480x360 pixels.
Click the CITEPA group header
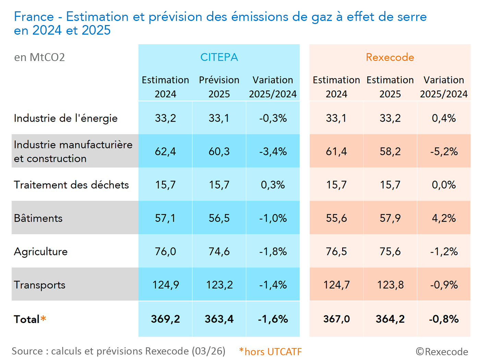[219, 57]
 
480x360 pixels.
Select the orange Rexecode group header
[390, 57]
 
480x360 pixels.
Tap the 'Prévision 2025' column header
[219, 87]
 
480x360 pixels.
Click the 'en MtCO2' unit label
[39, 57]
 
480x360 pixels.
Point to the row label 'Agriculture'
[41, 252]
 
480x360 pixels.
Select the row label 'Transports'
[39, 285]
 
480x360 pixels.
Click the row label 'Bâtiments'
[38, 218]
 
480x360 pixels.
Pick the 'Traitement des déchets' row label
[71, 185]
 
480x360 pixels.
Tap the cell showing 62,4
[165, 152]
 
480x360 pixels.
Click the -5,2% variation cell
[444, 152]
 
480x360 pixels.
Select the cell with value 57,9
[390, 218]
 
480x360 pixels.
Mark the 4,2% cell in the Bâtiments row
[444, 218]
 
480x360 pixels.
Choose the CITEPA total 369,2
[165, 319]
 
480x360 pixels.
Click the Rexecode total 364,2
[390, 319]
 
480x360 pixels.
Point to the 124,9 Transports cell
[165, 285]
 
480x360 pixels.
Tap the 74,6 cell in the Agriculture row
[219, 252]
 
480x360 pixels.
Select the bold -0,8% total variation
[444, 319]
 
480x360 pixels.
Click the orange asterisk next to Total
[43, 319]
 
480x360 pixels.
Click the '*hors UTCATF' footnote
[271, 352]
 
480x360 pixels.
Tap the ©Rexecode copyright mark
[442, 352]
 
